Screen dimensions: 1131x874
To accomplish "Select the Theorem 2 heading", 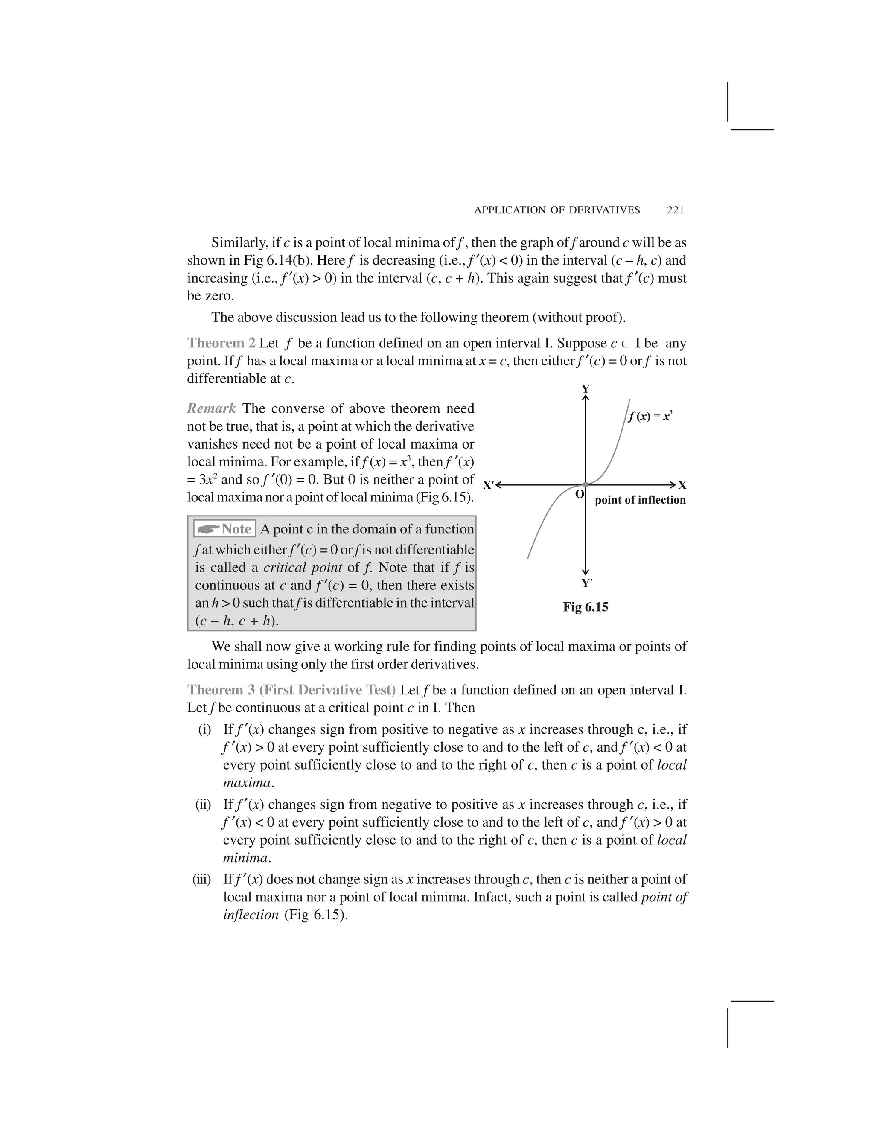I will tap(221, 343).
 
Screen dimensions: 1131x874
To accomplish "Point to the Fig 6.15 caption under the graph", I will tap(585, 607).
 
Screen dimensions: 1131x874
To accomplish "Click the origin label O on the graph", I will tap(580, 494).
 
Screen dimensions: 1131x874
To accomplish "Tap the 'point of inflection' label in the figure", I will tap(640, 500).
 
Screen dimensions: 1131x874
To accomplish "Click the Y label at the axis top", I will tap(586, 388).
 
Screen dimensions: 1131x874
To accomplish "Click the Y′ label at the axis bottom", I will tap(586, 583).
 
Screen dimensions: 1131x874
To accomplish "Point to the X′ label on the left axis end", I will tap(488, 485).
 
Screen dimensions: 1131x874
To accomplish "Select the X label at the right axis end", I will tap(682, 485).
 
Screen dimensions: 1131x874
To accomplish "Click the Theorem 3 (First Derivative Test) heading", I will tap(291, 690).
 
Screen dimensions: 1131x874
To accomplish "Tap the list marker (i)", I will tap(204, 730).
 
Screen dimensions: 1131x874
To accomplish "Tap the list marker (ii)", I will tap(203, 805).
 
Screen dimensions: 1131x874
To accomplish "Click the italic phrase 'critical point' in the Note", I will tap(303, 568).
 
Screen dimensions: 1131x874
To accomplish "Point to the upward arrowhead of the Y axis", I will tap(586, 398).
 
